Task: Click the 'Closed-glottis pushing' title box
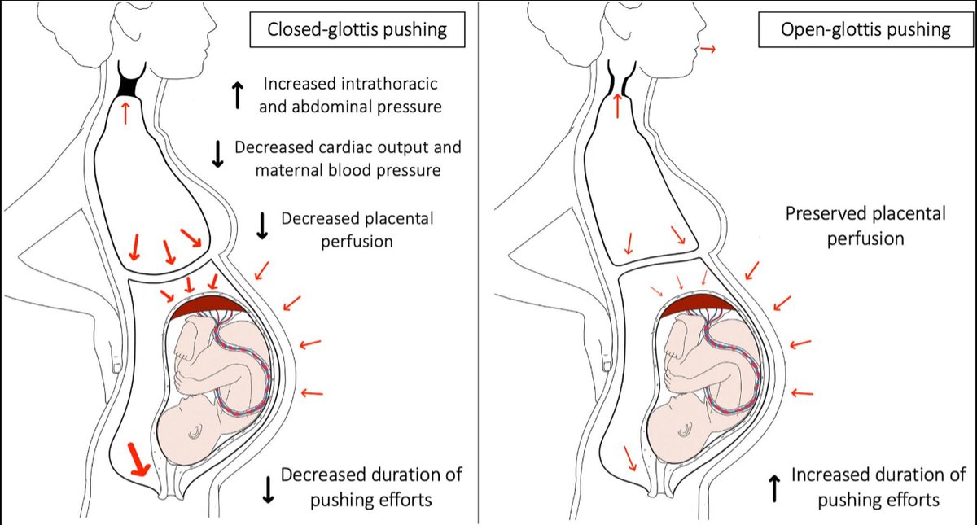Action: (356, 30)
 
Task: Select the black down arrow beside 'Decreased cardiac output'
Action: (217, 155)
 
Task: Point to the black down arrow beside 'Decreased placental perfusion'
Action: (262, 225)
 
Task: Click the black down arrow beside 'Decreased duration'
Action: (266, 487)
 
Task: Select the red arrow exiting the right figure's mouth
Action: (708, 50)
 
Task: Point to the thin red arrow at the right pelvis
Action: (630, 458)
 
